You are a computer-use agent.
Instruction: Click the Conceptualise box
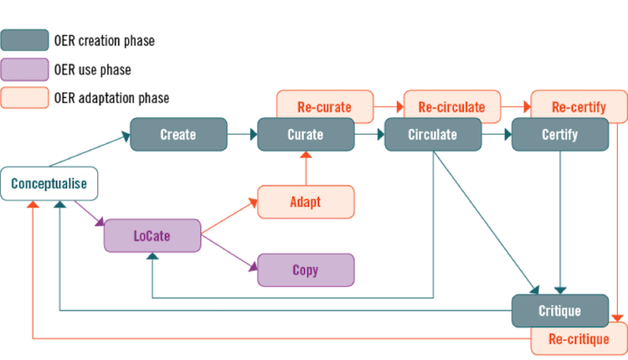(49, 184)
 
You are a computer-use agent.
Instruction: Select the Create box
(178, 134)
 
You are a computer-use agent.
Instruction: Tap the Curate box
(306, 134)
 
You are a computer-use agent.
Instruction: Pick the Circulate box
(432, 134)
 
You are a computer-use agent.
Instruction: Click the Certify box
(559, 134)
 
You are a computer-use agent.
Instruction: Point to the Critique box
(559, 311)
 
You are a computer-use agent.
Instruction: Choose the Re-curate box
(324, 106)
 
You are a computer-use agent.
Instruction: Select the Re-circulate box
(451, 106)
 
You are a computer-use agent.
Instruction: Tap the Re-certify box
(579, 106)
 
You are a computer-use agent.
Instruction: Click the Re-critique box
(579, 340)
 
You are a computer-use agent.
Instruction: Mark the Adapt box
(306, 202)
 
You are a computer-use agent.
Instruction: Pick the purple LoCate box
(152, 235)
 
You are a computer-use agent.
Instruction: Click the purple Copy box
(306, 270)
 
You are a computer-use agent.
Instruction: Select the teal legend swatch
(24, 39)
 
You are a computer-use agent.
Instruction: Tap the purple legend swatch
(24, 69)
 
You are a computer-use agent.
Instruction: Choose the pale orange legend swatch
(24, 98)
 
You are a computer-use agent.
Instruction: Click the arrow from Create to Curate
(242, 134)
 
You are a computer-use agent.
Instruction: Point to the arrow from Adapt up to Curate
(306, 168)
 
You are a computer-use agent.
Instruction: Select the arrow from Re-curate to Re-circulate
(388, 106)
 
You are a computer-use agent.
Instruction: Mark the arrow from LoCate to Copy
(229, 252)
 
